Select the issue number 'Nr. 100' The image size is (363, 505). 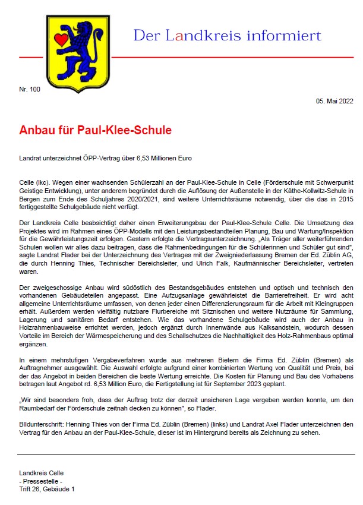30,89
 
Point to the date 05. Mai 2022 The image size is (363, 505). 336,102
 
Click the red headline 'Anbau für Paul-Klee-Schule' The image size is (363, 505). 96,129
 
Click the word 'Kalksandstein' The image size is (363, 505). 243,336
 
